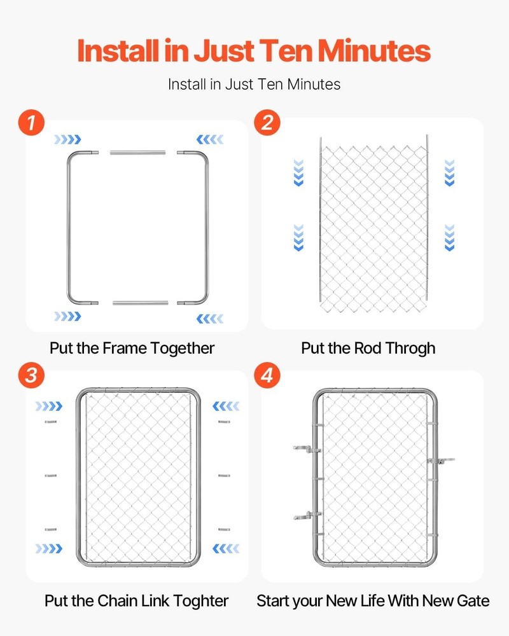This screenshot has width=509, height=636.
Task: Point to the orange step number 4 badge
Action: [x=267, y=375]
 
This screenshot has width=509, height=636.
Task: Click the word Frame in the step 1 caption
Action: [x=125, y=349]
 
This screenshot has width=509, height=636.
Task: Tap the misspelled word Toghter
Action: [x=199, y=600]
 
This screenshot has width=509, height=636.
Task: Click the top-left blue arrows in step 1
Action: [x=67, y=139]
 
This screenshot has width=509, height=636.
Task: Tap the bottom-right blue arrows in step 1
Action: [x=209, y=317]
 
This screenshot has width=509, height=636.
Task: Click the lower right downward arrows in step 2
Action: [x=449, y=237]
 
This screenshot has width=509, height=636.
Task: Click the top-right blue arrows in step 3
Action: [x=226, y=406]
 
